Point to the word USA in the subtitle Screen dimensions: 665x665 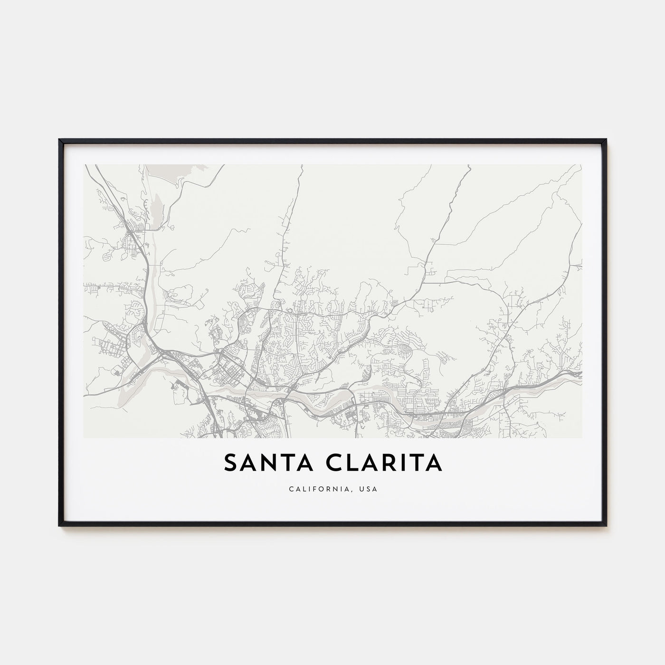pos(370,489)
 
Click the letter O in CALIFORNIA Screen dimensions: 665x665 pos(328,489)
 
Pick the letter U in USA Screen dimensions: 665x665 pos(364,489)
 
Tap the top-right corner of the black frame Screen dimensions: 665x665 pos(606,140)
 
